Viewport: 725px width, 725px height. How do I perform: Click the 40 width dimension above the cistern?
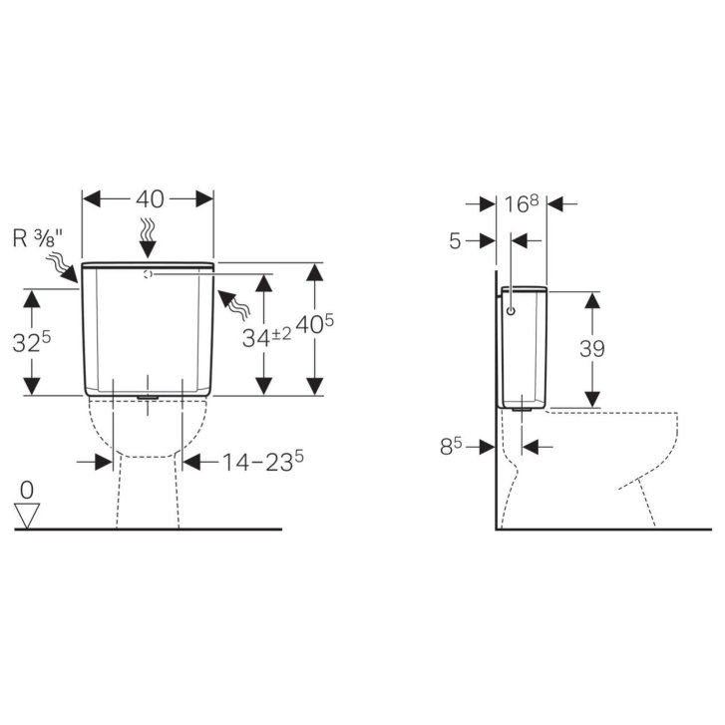tap(150, 199)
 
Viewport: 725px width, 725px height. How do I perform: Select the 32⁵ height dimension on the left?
tap(32, 342)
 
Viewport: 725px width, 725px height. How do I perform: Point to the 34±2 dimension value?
tap(267, 337)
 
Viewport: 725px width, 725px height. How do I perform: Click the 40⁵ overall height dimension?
tap(314, 324)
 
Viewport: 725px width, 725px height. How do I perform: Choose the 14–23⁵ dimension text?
tap(263, 462)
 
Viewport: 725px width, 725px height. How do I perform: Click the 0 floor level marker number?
tap(27, 490)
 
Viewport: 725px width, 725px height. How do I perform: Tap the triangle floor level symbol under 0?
tap(27, 516)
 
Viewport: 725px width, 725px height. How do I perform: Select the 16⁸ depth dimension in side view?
tap(522, 203)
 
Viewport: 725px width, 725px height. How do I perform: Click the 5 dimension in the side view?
tap(456, 241)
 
